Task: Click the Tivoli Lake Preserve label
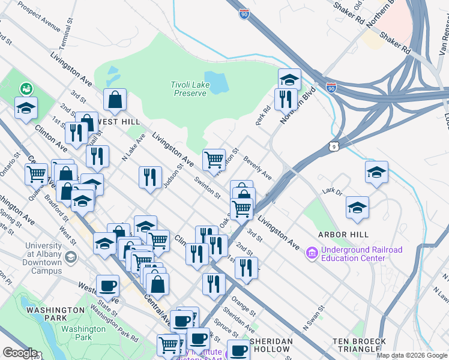pos(191,89)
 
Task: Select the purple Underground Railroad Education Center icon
pos(312,254)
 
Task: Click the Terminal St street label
pos(65,40)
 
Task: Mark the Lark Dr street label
pos(331,191)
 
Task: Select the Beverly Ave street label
pos(258,168)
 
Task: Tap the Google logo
pos(19,353)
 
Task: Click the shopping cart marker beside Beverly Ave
pos(214,160)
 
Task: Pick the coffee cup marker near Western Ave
pos(108,286)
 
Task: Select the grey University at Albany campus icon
pos(71,257)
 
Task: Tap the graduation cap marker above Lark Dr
pos(376,172)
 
